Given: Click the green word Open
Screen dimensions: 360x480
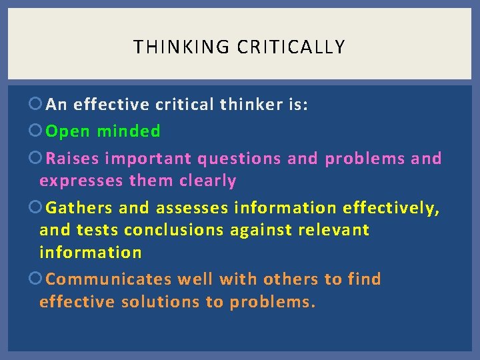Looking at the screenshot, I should pyautogui.click(x=68, y=131).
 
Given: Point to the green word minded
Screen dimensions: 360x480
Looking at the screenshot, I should pyautogui.click(x=129, y=131).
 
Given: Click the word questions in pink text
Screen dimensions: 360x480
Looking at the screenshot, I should pyautogui.click(x=239, y=159).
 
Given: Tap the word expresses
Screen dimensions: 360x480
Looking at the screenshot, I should pyautogui.click(x=81, y=181).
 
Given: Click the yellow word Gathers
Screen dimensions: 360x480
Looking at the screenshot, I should pyautogui.click(x=79, y=208).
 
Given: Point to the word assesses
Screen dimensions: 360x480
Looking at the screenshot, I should pyautogui.click(x=193, y=208).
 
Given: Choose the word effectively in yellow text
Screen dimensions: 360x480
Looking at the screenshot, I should pyautogui.click(x=391, y=208).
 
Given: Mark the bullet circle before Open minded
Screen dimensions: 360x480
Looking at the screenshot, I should pyautogui.click(x=36, y=131).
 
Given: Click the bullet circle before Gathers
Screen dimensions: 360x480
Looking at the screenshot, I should pyautogui.click(x=36, y=208).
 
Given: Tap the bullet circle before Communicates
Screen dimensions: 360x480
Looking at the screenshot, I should pyautogui.click(x=36, y=279).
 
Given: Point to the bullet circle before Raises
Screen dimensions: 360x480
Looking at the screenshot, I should pyautogui.click(x=36, y=159).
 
